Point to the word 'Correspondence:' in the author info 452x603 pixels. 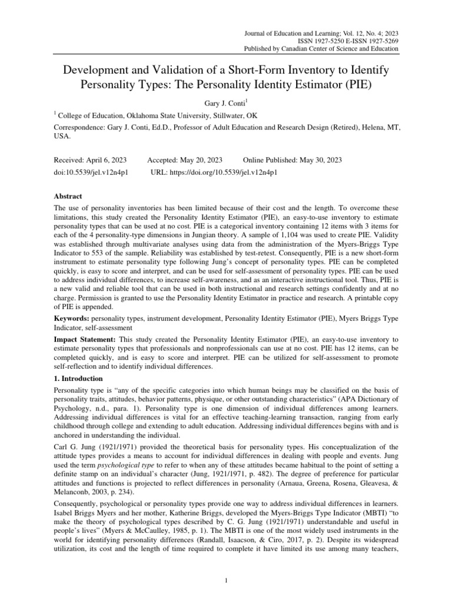pos(81,127)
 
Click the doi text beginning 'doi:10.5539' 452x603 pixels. pos(91,173)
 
